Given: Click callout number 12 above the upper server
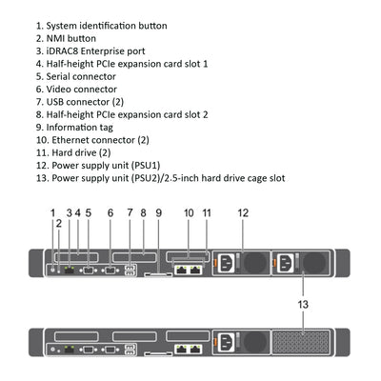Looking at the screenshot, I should click(243, 212).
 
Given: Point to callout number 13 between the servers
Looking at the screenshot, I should click(303, 304).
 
